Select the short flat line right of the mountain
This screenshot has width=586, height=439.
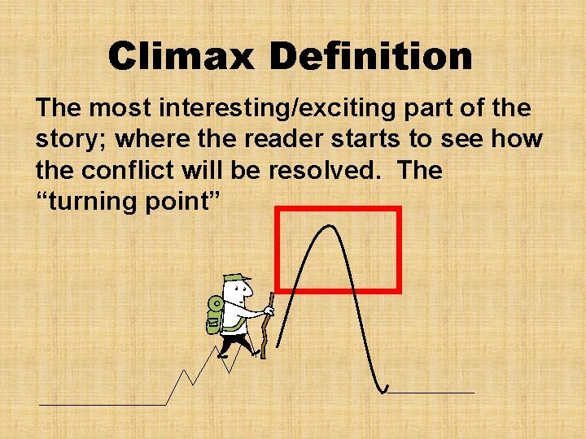(431, 393)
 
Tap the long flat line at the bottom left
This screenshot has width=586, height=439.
(102, 404)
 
